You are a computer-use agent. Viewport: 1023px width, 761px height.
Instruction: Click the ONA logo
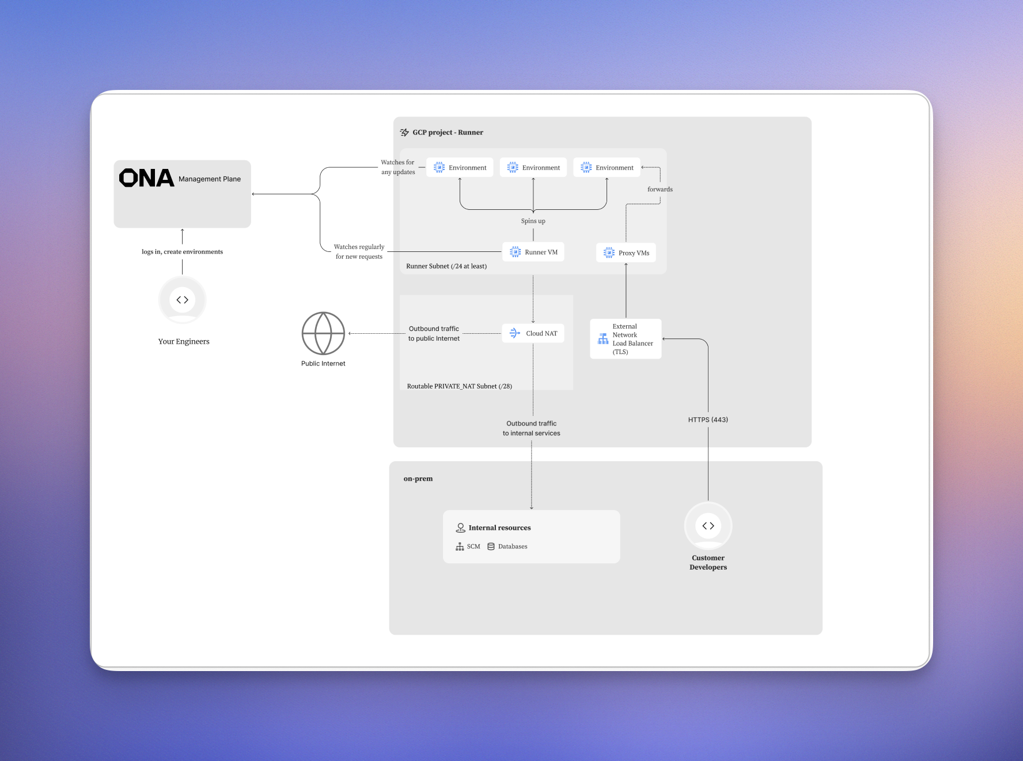(x=146, y=178)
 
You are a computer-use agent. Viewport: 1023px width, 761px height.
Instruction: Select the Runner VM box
(x=533, y=252)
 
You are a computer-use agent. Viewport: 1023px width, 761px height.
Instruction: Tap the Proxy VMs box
(x=626, y=253)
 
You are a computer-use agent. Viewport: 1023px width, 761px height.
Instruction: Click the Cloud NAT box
(x=533, y=333)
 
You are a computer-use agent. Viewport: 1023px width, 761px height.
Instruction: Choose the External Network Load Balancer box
(x=626, y=339)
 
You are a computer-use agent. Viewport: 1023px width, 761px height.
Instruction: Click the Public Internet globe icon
(x=323, y=333)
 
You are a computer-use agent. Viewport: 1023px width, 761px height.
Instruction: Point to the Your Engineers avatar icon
(x=183, y=300)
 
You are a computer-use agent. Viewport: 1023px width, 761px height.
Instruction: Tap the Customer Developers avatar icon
(x=708, y=526)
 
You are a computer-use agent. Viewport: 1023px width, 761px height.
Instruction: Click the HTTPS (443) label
(x=708, y=420)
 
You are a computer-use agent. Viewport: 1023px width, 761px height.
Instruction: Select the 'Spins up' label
(x=533, y=221)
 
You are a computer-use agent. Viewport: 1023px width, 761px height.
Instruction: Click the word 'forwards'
(x=660, y=189)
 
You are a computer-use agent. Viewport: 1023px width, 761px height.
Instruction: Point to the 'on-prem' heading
(x=418, y=479)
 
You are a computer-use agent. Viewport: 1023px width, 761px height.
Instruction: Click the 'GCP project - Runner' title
(x=448, y=133)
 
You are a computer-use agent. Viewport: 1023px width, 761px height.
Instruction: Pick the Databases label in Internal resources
(x=512, y=547)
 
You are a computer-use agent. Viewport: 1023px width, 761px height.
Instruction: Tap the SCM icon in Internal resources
(x=460, y=547)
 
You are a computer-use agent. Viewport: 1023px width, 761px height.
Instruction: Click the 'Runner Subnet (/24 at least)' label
(x=446, y=266)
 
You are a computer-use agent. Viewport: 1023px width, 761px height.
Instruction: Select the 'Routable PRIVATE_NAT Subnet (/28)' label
(x=459, y=386)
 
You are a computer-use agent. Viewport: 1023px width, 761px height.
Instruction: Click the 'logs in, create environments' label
(x=182, y=252)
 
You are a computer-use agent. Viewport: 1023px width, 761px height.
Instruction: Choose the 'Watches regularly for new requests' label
(x=359, y=251)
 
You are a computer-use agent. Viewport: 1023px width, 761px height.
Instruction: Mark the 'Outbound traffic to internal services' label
(x=531, y=428)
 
